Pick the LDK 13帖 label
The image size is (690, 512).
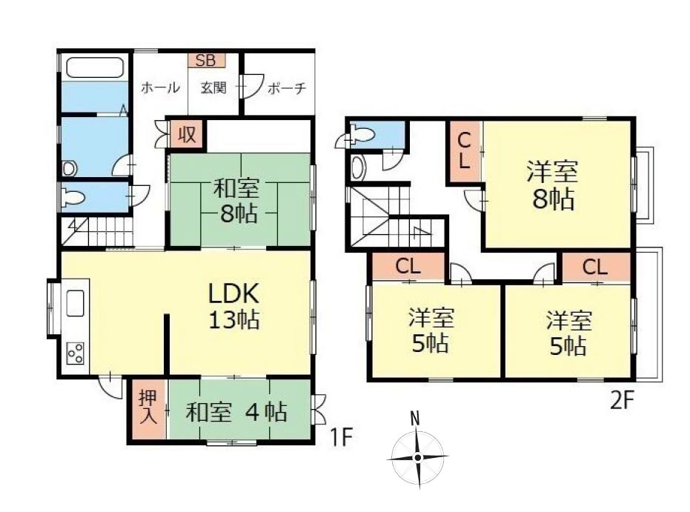[233, 307]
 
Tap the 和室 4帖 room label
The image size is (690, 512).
[236, 412]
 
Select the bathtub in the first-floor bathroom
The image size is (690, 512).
[94, 67]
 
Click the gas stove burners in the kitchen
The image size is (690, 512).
[76, 353]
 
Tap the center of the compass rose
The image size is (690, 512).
[417, 458]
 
